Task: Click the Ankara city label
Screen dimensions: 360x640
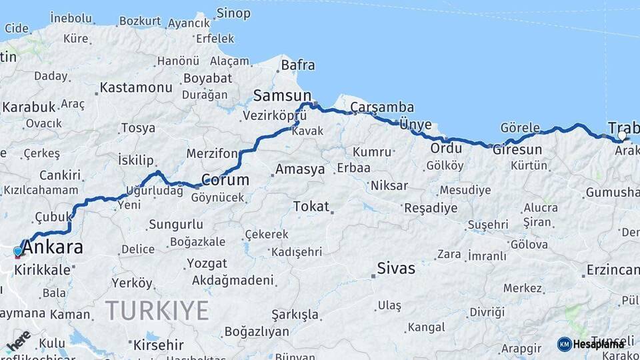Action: pos(54,247)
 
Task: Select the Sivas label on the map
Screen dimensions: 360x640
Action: pos(396,269)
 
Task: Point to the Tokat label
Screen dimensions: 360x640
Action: pos(311,207)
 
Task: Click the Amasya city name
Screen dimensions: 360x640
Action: pos(300,169)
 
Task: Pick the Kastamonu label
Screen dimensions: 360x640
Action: pos(137,87)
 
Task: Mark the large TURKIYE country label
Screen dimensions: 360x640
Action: pos(157,311)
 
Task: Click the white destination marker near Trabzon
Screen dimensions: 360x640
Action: pos(622,136)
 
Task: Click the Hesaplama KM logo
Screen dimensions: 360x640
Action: pos(591,344)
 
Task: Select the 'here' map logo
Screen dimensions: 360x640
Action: pos(19,341)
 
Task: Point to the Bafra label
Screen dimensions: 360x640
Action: pos(298,65)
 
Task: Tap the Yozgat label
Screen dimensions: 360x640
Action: pos(207,263)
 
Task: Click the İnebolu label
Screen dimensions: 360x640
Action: pos(71,17)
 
